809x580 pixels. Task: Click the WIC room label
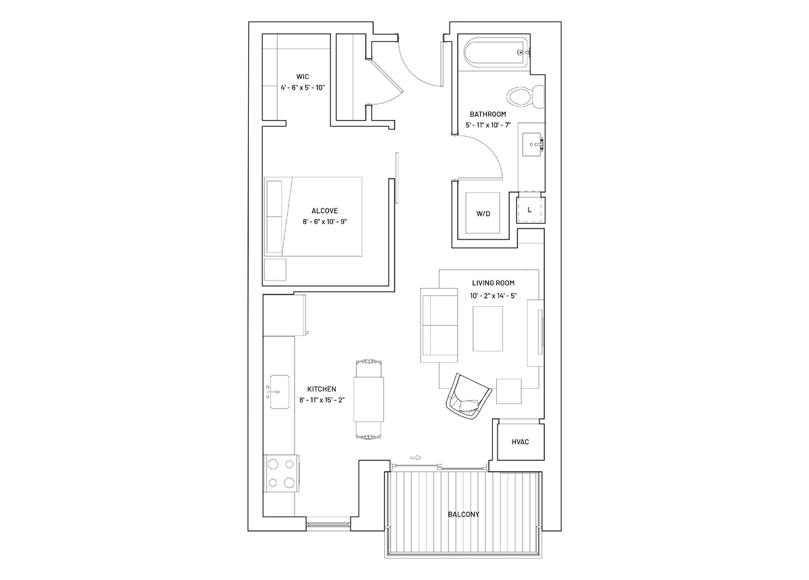(303, 77)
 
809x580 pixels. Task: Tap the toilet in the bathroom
(525, 96)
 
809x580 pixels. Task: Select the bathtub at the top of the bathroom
(496, 53)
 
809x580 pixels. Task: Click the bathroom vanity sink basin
(532, 144)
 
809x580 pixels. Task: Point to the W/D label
(483, 214)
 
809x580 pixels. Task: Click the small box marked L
(530, 210)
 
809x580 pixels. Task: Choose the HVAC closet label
(520, 442)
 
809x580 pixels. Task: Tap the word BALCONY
(463, 514)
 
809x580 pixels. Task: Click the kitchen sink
(280, 392)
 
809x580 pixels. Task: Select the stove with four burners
(281, 473)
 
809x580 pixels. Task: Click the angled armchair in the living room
(469, 396)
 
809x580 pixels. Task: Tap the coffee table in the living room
(487, 328)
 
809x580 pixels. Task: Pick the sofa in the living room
(439, 325)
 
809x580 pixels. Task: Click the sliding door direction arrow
(416, 457)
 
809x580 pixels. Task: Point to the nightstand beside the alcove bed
(275, 270)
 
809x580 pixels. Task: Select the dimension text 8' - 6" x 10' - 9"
(325, 221)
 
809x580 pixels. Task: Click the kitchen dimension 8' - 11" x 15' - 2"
(322, 400)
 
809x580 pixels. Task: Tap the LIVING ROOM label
(493, 283)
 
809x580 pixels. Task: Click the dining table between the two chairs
(368, 399)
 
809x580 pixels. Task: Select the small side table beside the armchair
(508, 391)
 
